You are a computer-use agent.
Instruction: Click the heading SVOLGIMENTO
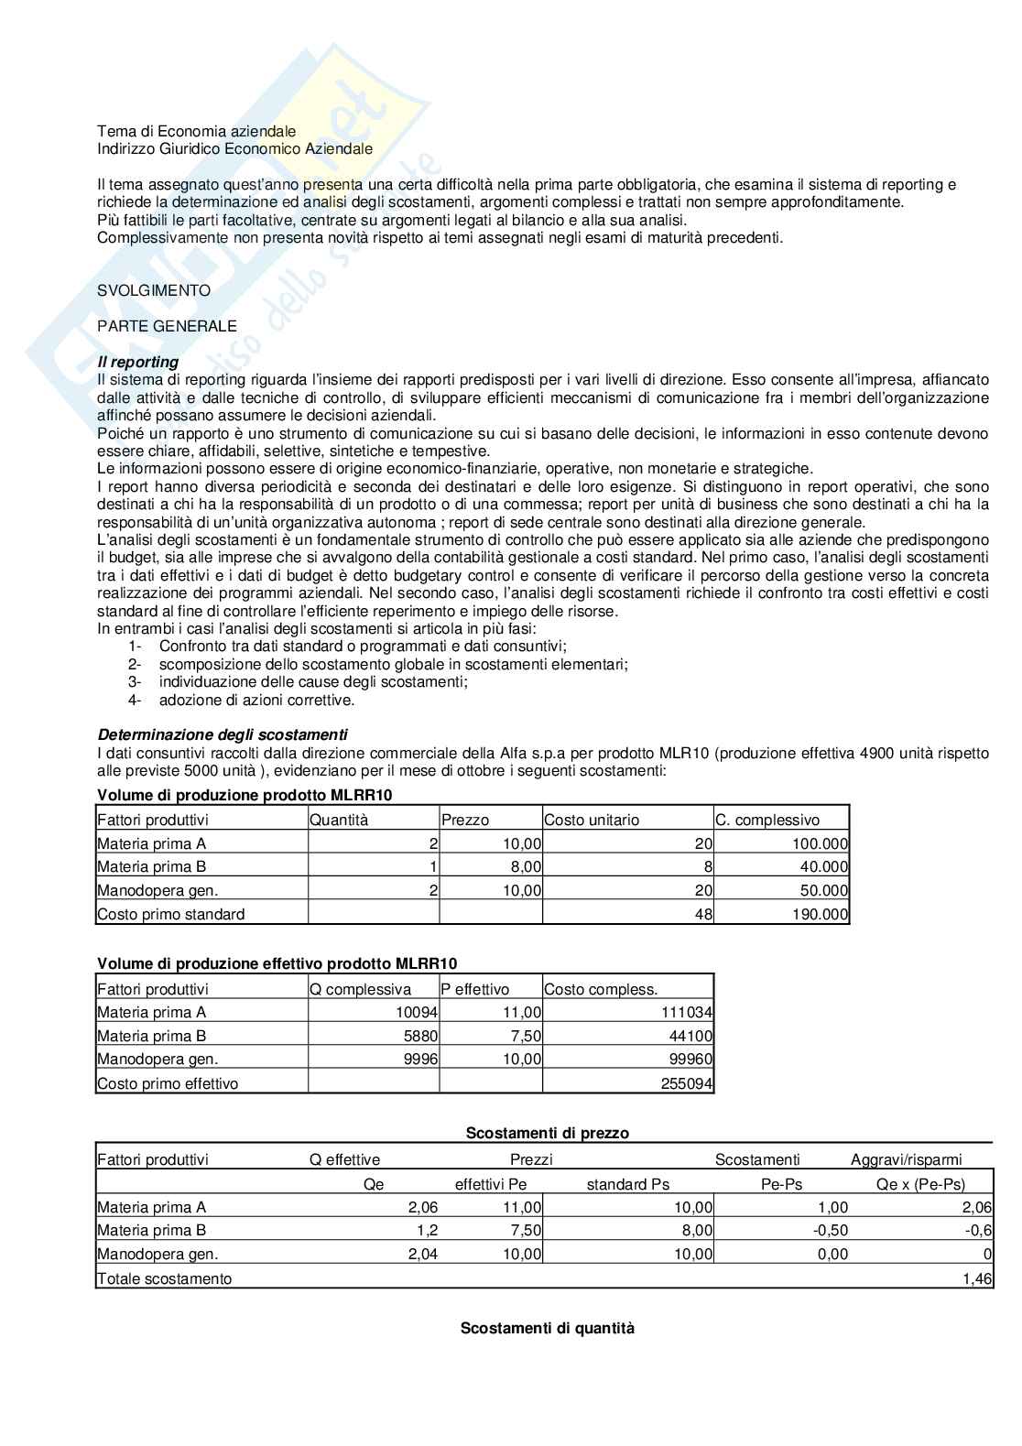click(x=154, y=290)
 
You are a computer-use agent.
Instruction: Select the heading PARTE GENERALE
click(x=167, y=326)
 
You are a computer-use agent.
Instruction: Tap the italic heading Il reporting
click(x=138, y=362)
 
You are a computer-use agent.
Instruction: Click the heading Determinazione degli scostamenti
click(x=223, y=734)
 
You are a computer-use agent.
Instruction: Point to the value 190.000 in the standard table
click(x=822, y=914)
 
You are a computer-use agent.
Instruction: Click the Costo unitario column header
click(x=592, y=820)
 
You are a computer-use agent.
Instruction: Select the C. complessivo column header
click(x=767, y=820)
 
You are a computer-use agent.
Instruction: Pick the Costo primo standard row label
click(x=171, y=914)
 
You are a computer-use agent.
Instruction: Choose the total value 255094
click(x=687, y=1083)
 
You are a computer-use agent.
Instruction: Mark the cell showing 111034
click(x=687, y=1013)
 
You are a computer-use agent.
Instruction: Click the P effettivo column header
click(x=475, y=989)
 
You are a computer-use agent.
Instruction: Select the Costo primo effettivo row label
click(x=168, y=1083)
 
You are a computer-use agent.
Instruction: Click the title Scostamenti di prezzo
click(x=548, y=1133)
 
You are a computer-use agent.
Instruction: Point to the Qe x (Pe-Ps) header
click(x=920, y=1183)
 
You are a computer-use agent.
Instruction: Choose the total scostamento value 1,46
click(x=978, y=1278)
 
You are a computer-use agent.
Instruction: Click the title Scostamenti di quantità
click(x=547, y=1328)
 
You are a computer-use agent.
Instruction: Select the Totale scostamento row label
click(x=165, y=1278)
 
